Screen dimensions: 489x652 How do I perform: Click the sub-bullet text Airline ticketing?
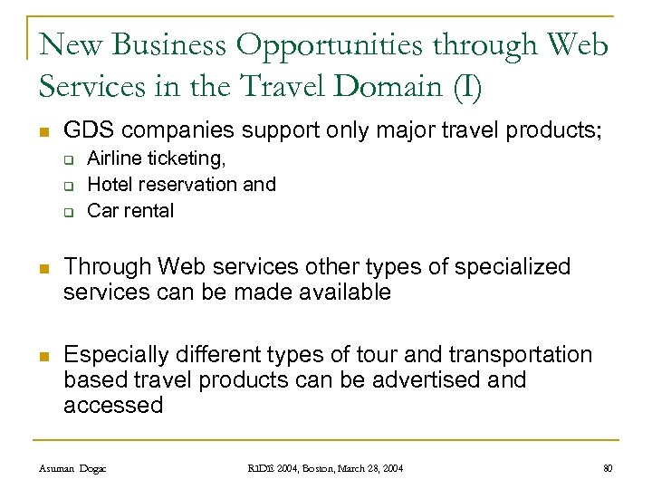click(156, 159)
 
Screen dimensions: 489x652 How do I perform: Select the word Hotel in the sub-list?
click(110, 185)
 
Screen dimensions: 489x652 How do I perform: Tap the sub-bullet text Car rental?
click(130, 211)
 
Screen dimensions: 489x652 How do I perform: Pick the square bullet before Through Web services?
click(44, 268)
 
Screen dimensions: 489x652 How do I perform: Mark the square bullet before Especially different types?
click(44, 355)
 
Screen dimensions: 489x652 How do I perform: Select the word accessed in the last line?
click(113, 405)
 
